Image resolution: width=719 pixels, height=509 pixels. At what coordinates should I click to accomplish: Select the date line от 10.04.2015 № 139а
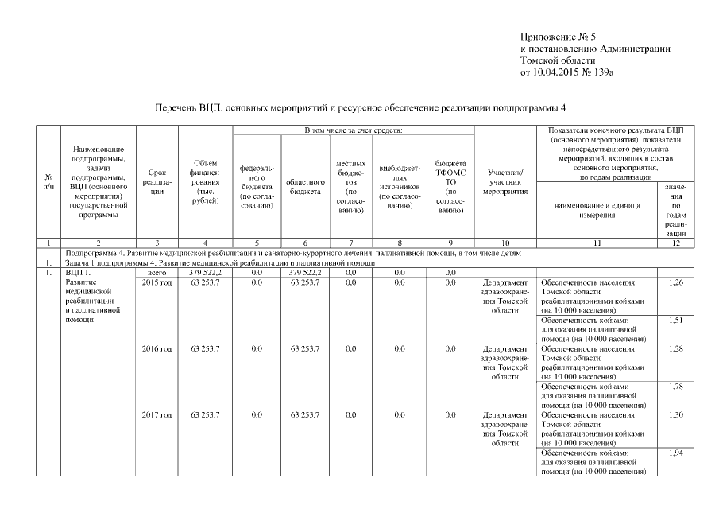(566, 72)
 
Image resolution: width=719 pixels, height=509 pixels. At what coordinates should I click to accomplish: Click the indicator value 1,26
(675, 282)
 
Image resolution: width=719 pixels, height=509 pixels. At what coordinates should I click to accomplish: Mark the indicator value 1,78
(675, 387)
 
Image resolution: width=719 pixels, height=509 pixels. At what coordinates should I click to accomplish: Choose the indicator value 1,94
(675, 453)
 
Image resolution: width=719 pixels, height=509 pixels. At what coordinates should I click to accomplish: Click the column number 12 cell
(675, 243)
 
